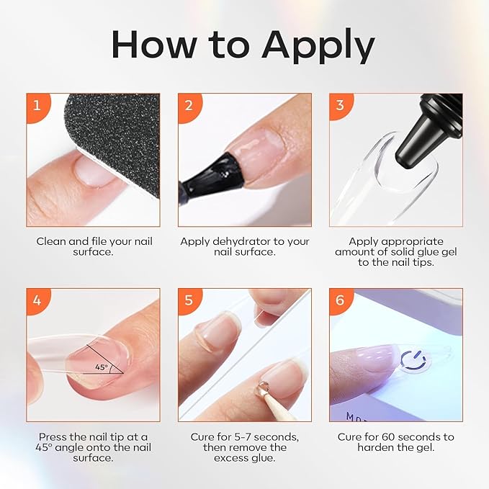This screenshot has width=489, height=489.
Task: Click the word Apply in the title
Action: [x=318, y=46]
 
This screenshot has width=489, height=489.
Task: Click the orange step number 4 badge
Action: [x=37, y=299]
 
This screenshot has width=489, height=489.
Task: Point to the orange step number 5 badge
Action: [x=189, y=299]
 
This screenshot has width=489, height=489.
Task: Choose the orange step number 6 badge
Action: [x=340, y=299]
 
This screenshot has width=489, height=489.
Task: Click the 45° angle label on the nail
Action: [x=101, y=367]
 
